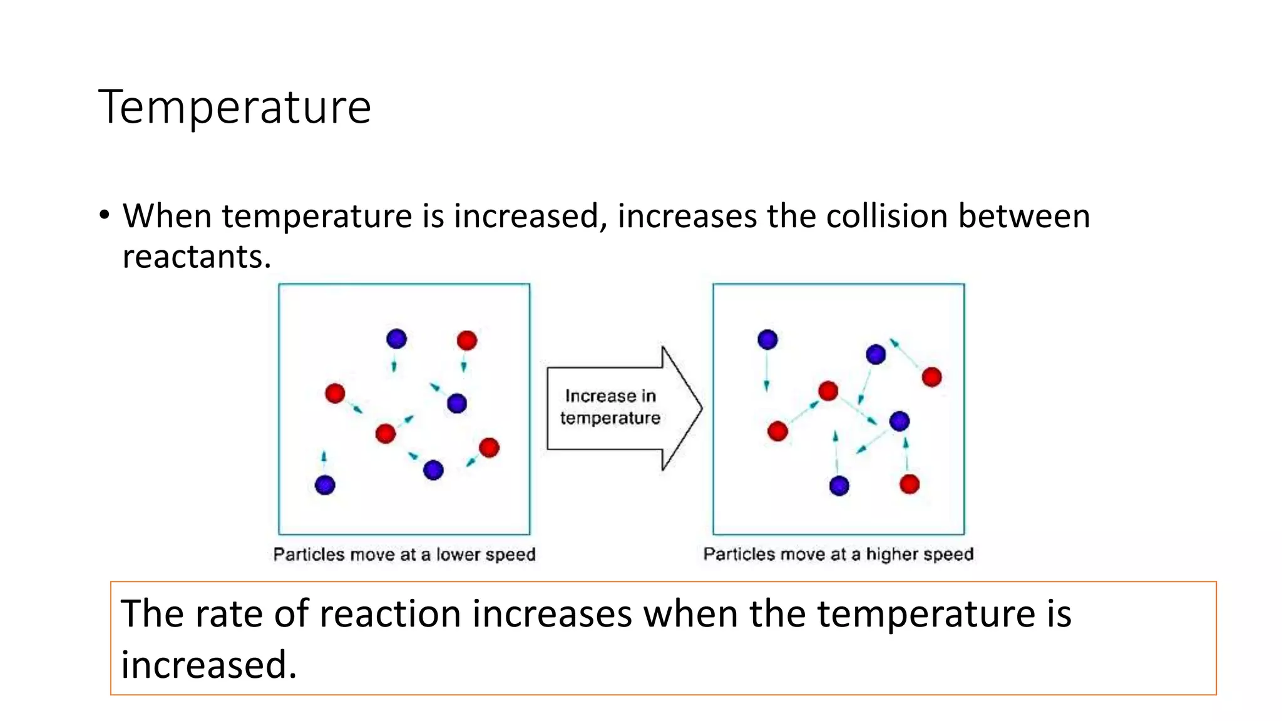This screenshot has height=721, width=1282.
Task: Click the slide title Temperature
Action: click(235, 108)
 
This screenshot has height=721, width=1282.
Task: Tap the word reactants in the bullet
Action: click(196, 257)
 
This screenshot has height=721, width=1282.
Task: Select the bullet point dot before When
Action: click(104, 215)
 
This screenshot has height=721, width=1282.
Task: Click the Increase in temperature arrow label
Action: click(610, 407)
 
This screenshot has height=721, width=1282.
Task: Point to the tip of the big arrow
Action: click(700, 408)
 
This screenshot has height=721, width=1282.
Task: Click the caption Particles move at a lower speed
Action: click(404, 555)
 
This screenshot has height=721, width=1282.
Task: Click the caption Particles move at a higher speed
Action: click(838, 554)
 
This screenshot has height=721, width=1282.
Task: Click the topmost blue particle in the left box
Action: click(396, 339)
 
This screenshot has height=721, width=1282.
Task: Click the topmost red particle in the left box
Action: click(467, 340)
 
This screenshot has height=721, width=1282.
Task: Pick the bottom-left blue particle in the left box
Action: click(325, 484)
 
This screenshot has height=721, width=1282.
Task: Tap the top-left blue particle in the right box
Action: click(767, 339)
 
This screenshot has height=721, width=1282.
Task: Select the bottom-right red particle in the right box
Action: click(910, 484)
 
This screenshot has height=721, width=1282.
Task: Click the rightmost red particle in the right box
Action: click(931, 377)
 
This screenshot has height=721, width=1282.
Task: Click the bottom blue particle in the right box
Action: click(839, 486)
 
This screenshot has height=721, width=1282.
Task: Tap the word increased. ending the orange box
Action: click(208, 665)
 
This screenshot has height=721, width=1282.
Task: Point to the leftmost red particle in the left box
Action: click(335, 393)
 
